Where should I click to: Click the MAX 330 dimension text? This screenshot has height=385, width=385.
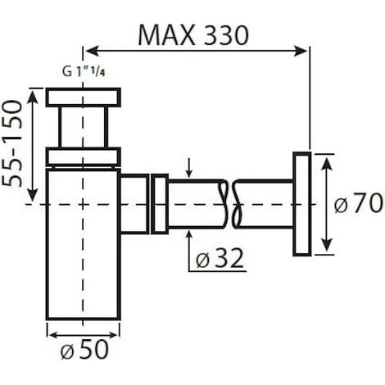(x=193, y=36)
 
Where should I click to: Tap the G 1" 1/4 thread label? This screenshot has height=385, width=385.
(x=84, y=72)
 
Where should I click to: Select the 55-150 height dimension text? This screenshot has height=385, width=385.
(x=12, y=144)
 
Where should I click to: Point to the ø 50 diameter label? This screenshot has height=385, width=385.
(x=84, y=351)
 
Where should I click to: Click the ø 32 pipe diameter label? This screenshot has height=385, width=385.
(x=220, y=259)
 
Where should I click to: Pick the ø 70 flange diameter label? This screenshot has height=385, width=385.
(x=358, y=203)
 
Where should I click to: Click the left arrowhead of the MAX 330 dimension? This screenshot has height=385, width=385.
(x=92, y=51)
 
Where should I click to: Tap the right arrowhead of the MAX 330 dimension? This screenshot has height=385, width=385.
(x=301, y=51)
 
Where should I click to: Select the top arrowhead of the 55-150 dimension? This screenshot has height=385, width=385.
(x=33, y=97)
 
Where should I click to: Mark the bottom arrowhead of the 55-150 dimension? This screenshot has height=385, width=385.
(x=33, y=196)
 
